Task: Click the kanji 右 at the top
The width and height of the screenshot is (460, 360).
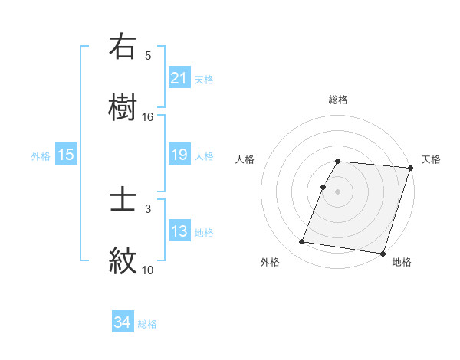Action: [x=123, y=47]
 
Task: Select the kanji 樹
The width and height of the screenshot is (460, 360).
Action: [x=123, y=108]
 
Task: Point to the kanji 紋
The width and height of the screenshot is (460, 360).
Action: [x=123, y=261]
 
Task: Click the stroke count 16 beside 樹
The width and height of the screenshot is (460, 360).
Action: [x=148, y=116]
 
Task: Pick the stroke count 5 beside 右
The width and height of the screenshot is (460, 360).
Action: [x=148, y=55]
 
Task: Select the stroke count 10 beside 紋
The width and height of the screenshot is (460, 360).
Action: [x=148, y=270]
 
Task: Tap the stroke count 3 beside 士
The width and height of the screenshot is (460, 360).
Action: [x=148, y=208]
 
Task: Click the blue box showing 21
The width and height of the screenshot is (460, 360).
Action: [x=179, y=78]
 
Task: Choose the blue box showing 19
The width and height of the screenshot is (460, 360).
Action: [x=179, y=155]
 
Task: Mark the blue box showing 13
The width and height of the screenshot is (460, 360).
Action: [x=179, y=231]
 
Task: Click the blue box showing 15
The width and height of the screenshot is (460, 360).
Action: [x=66, y=155]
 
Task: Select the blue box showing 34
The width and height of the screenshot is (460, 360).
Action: [x=122, y=323]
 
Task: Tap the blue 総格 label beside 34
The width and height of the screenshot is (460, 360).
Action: [x=147, y=324]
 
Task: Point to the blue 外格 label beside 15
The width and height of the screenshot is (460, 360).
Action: [x=41, y=155]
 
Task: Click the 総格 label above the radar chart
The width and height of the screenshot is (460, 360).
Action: [x=338, y=100]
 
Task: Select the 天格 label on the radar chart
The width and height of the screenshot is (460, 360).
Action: [x=431, y=159]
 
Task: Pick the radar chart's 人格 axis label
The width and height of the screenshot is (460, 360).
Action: [x=245, y=159]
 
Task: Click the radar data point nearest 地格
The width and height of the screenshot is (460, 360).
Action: [x=382, y=253]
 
